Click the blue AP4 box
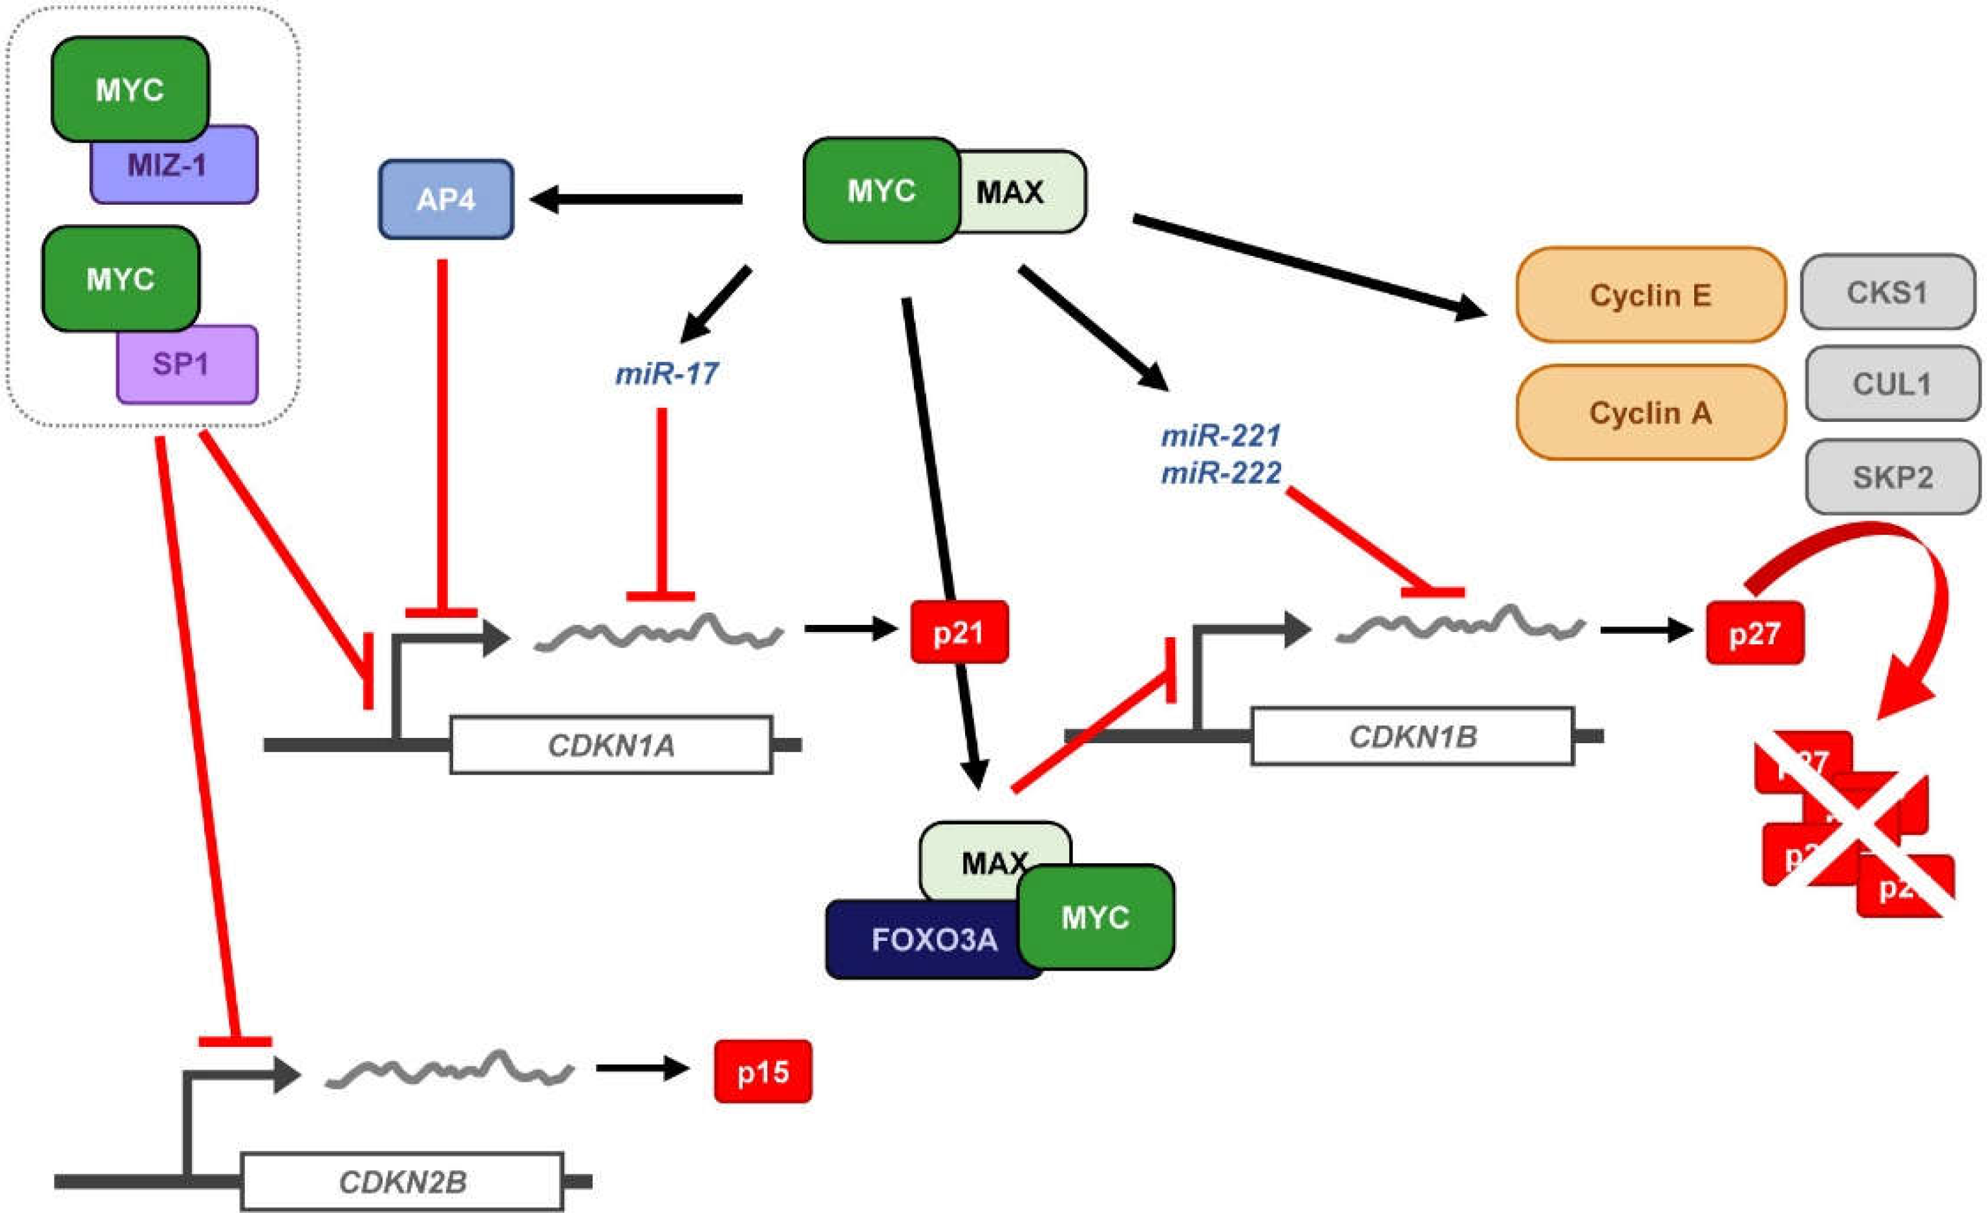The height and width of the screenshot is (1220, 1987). [x=445, y=199]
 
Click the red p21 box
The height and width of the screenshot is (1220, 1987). [x=959, y=632]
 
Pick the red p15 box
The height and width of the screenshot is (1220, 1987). [x=763, y=1071]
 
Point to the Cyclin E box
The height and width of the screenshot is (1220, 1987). [x=1650, y=295]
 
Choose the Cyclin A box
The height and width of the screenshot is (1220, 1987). [x=1650, y=412]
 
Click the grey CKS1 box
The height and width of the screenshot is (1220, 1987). [x=1887, y=292]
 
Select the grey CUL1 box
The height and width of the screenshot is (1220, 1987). [x=1891, y=383]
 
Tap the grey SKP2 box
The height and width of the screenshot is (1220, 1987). [x=1892, y=477]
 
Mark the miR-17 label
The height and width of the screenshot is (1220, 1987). [x=666, y=373]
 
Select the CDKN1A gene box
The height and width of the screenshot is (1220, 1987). [x=611, y=745]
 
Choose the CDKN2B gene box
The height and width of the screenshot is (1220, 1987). [x=402, y=1182]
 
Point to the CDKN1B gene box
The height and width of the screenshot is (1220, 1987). [x=1412, y=736]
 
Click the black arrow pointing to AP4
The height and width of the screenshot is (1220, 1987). [x=637, y=199]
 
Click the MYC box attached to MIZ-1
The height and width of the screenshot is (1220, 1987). [x=129, y=89]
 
